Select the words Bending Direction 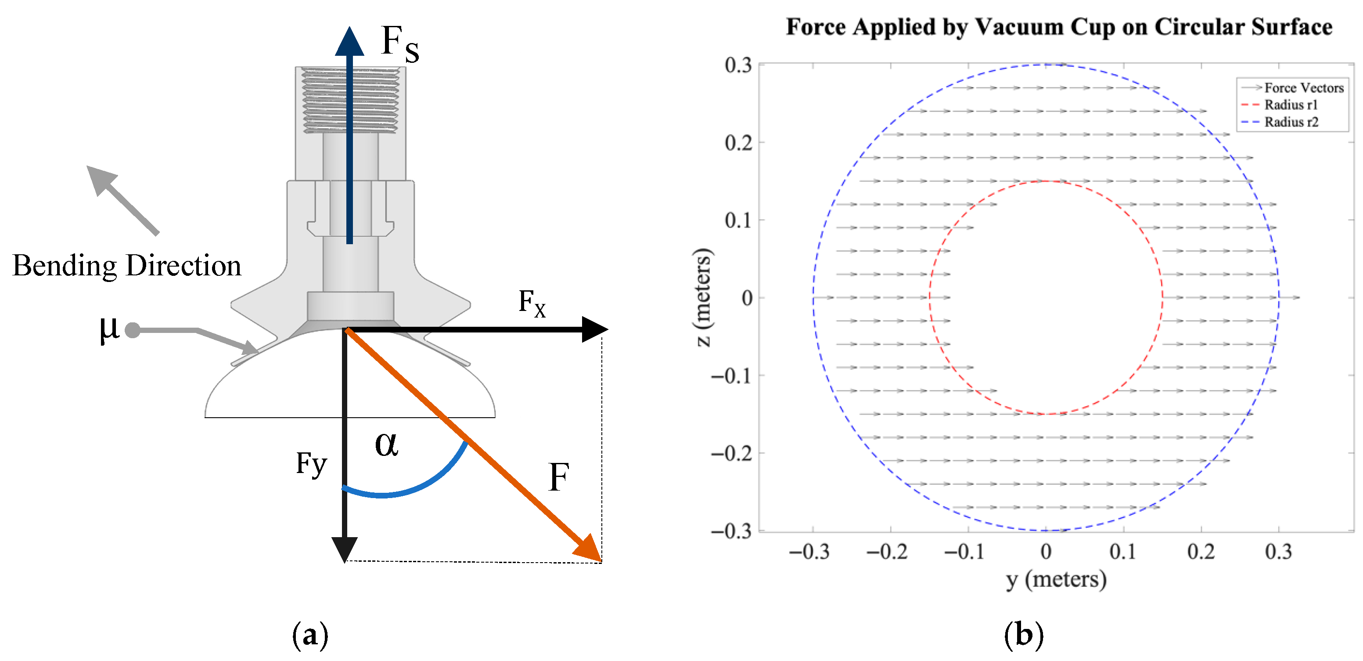click(127, 266)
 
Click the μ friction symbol click(109, 329)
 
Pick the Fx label click(532, 303)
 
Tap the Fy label click(311, 464)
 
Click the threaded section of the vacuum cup click(350, 100)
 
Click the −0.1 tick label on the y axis click(964, 552)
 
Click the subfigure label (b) click(1023, 635)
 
